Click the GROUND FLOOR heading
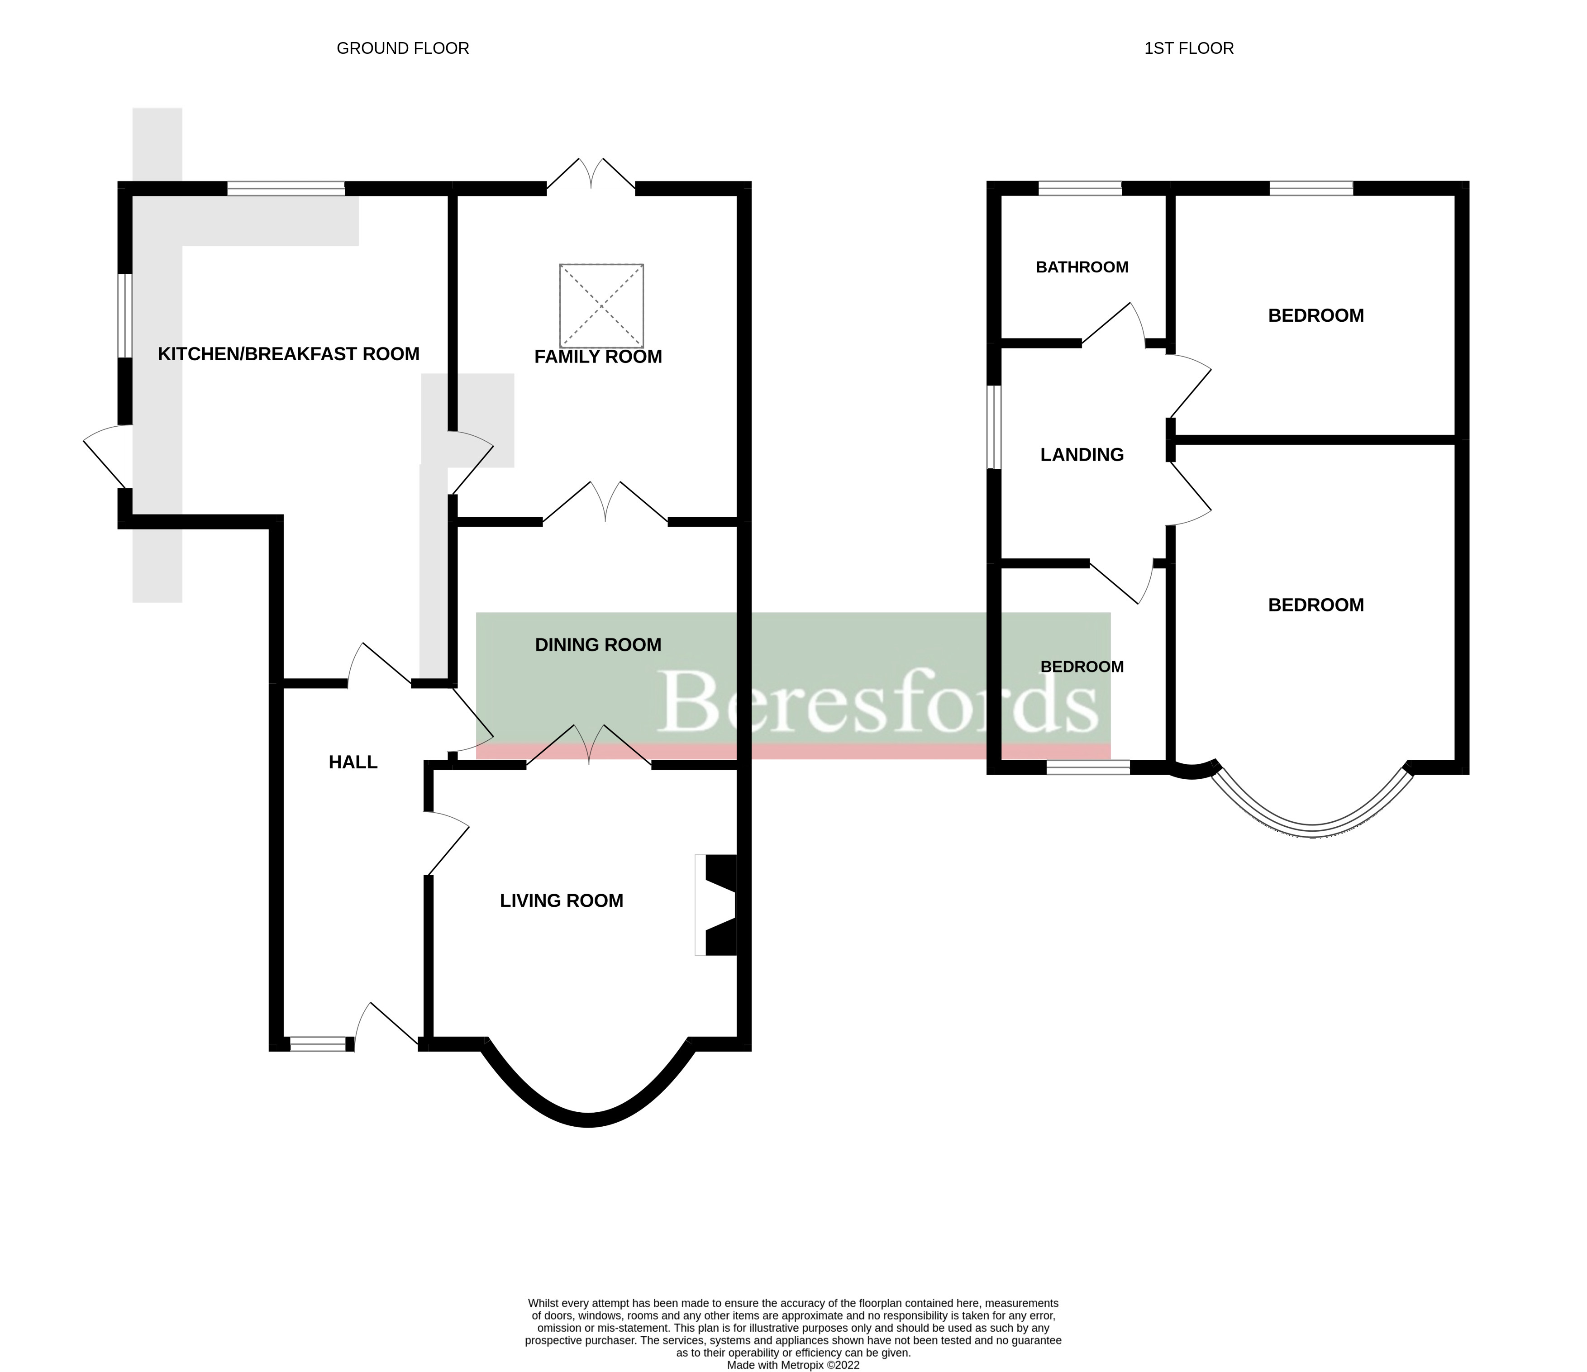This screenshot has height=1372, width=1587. tap(402, 48)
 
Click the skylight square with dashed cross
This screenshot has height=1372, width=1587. tap(601, 305)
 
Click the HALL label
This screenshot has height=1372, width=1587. tap(353, 762)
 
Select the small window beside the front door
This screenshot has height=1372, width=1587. tap(317, 1043)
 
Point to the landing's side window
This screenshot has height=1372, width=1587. tap(993, 427)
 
